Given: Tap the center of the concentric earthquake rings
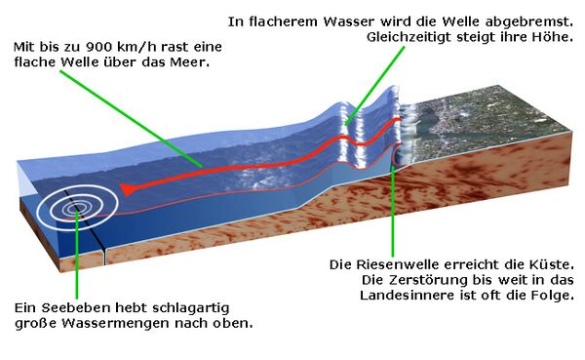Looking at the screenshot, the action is pos(75,207).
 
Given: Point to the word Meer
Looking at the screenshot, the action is pos(199,61).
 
